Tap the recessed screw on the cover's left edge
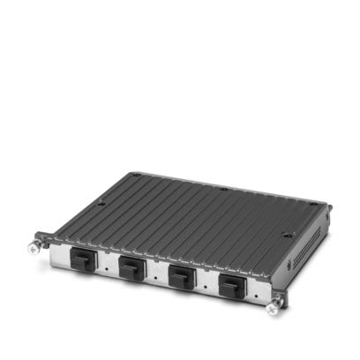[x=100, y=205]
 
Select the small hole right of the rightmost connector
[x=259, y=290]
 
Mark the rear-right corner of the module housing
[x=328, y=209]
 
